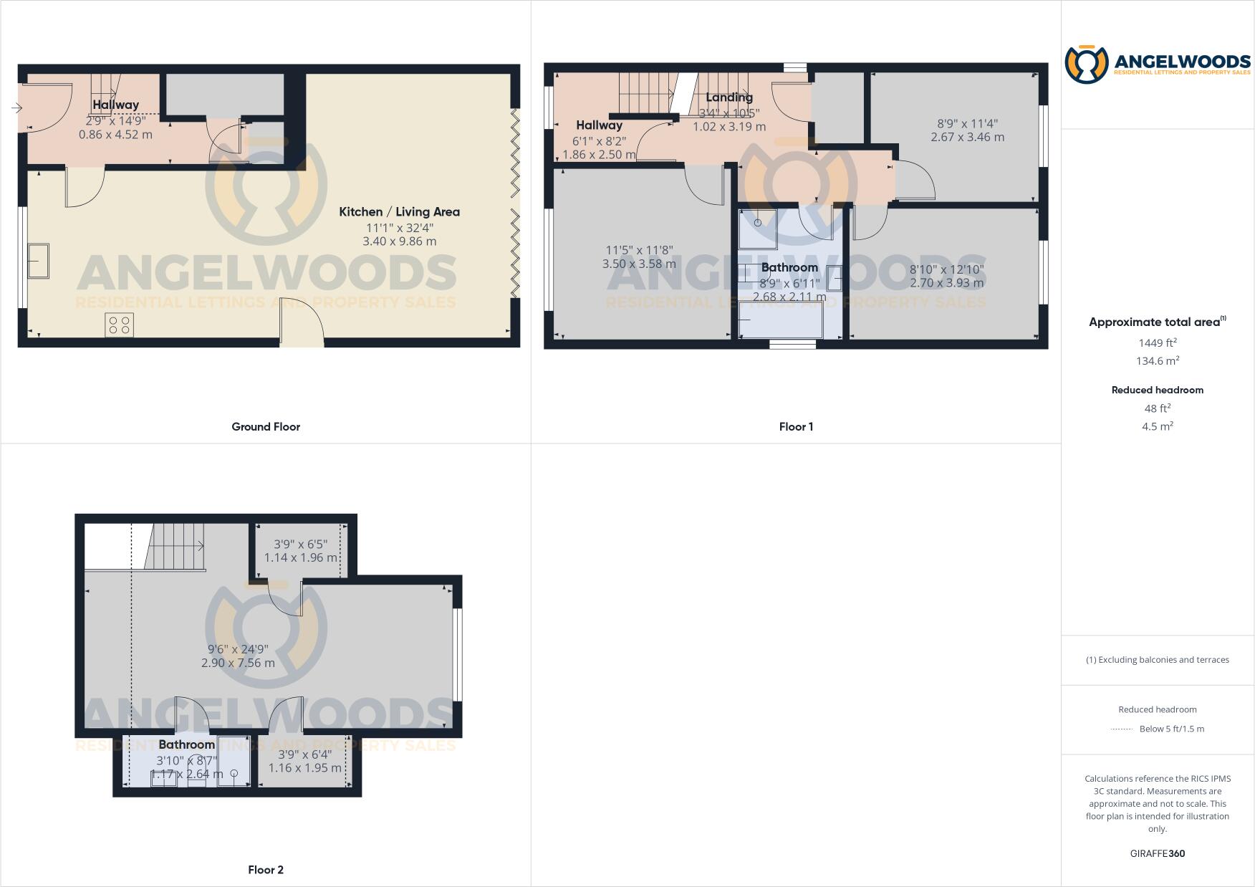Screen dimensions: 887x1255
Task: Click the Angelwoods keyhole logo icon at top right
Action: click(x=1086, y=64)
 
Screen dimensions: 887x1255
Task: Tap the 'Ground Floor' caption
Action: click(x=266, y=426)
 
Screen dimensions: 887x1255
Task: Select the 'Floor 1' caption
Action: click(x=796, y=426)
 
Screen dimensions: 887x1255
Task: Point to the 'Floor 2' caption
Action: click(x=266, y=870)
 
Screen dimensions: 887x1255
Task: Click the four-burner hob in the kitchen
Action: click(x=119, y=325)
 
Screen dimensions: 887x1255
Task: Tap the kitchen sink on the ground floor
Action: click(x=38, y=261)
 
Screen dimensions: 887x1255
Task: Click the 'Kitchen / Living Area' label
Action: click(x=399, y=211)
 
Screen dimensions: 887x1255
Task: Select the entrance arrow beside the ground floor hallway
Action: click(x=17, y=108)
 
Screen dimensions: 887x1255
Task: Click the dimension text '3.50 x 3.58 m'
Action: click(x=639, y=264)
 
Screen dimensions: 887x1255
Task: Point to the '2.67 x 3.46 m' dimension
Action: click(x=967, y=137)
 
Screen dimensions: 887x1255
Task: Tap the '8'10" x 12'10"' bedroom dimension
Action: click(x=946, y=269)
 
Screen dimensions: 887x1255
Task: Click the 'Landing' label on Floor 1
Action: click(x=729, y=97)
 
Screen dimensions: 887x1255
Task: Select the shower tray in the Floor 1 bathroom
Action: click(x=758, y=228)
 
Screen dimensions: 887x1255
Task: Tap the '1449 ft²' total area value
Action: click(x=1157, y=342)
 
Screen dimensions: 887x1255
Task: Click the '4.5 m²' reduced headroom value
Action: click(x=1157, y=426)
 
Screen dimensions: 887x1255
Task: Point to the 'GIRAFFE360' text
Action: click(x=1157, y=853)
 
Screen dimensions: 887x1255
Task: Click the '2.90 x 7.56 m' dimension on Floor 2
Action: click(x=238, y=663)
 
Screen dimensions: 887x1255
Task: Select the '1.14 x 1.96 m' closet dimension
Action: click(x=300, y=557)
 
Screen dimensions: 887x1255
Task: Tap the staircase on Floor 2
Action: click(x=176, y=546)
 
